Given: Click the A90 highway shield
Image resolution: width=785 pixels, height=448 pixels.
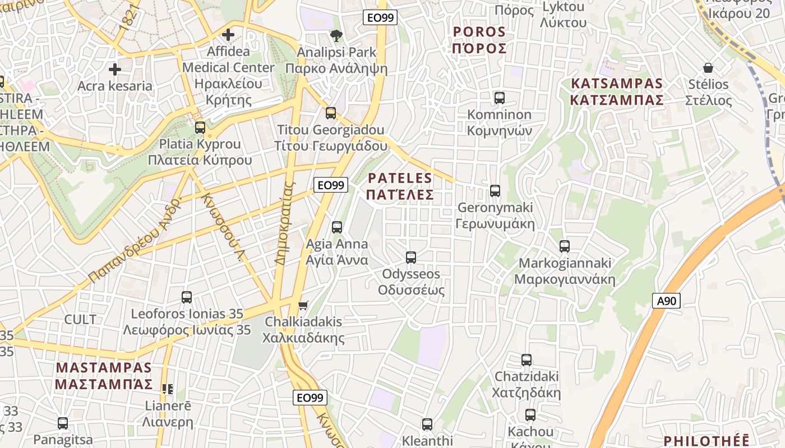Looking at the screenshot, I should (x=666, y=301).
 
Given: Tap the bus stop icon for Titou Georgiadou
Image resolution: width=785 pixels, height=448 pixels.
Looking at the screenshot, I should (x=331, y=113).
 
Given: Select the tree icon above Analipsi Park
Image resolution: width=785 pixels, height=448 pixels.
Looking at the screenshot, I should (x=336, y=36).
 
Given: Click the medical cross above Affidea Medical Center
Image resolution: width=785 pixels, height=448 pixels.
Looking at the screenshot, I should (x=228, y=35).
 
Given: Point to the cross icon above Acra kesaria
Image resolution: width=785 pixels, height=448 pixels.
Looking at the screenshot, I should (x=115, y=69).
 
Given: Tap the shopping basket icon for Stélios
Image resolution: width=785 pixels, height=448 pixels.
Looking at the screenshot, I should (x=708, y=68).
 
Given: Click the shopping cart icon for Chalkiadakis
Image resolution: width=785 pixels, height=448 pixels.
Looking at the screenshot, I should (x=303, y=305).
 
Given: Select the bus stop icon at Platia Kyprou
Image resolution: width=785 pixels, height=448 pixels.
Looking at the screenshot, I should (x=200, y=128).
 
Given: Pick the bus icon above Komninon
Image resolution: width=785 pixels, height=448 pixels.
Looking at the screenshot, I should (x=499, y=98).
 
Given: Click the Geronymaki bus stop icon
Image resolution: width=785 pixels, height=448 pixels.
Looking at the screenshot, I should (x=495, y=191).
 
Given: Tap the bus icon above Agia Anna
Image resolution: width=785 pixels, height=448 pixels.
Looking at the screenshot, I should (x=337, y=227).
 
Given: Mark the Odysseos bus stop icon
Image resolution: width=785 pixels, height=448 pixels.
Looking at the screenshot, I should (x=411, y=258).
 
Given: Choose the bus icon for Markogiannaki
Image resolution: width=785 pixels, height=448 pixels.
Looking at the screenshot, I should (x=565, y=246).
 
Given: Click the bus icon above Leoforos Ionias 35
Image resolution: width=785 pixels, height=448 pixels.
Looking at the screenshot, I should (x=187, y=297).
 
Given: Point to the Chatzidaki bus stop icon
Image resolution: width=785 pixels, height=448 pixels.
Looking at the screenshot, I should (x=526, y=360).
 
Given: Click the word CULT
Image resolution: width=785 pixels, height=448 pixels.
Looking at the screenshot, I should (x=80, y=320).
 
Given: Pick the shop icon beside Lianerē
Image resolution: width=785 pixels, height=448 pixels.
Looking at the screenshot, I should (x=167, y=389).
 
